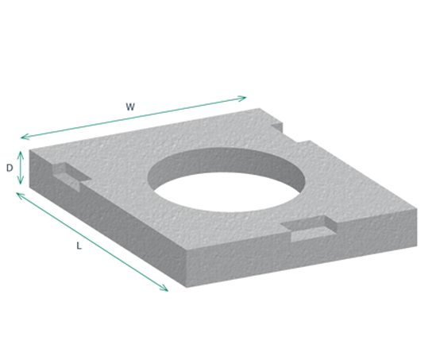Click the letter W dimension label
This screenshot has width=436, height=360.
click(129, 105)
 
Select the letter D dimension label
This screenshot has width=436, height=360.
click(10, 168)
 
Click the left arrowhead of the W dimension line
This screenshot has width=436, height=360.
click(22, 137)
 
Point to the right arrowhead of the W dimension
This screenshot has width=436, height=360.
click(245, 98)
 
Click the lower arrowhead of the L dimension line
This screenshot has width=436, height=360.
click(167, 289)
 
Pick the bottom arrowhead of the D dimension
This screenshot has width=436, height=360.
click(21, 184)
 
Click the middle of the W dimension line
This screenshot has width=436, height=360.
click(134, 117)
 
